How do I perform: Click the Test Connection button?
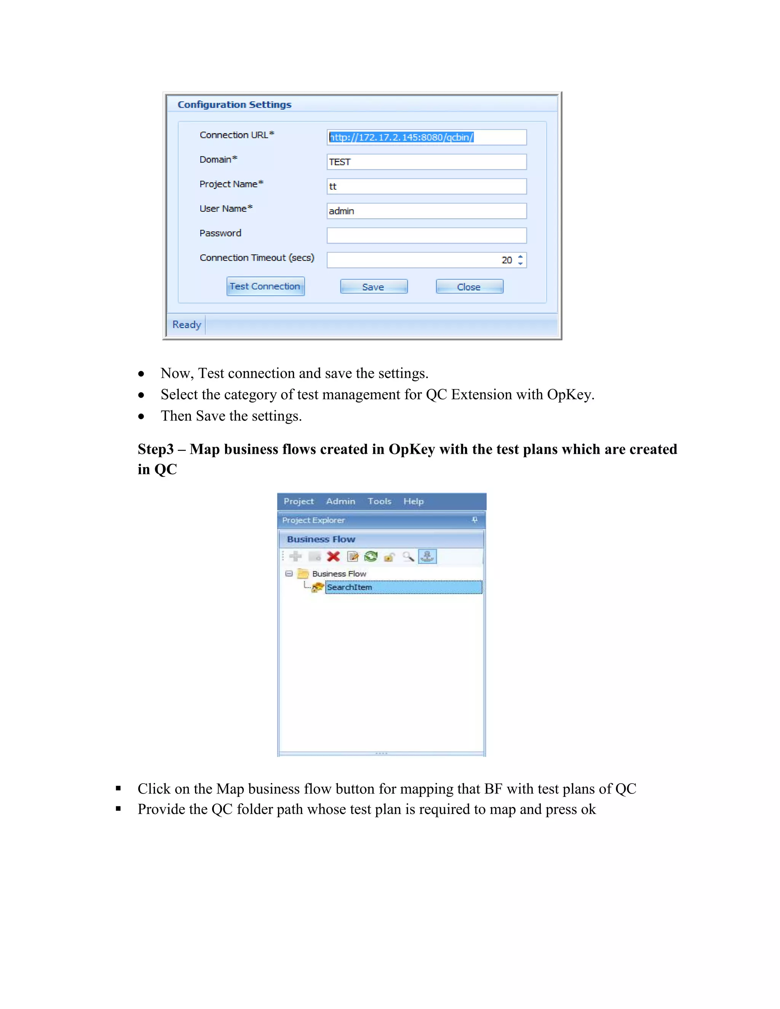265,286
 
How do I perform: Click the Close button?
469,287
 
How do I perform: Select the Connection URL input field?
426,137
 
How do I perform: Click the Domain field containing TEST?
426,162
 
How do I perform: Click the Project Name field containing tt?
426,186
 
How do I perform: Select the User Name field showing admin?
426,211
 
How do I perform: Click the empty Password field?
426,235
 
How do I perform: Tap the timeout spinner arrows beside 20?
520,260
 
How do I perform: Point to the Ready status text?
187,324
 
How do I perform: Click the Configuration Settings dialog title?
234,104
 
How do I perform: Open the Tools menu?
379,501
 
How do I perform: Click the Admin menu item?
340,501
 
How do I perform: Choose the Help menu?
413,501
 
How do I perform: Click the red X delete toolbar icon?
333,556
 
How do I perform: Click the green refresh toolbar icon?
371,556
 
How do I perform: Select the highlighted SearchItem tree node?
349,587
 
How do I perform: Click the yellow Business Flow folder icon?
303,574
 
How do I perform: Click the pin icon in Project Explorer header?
475,520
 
